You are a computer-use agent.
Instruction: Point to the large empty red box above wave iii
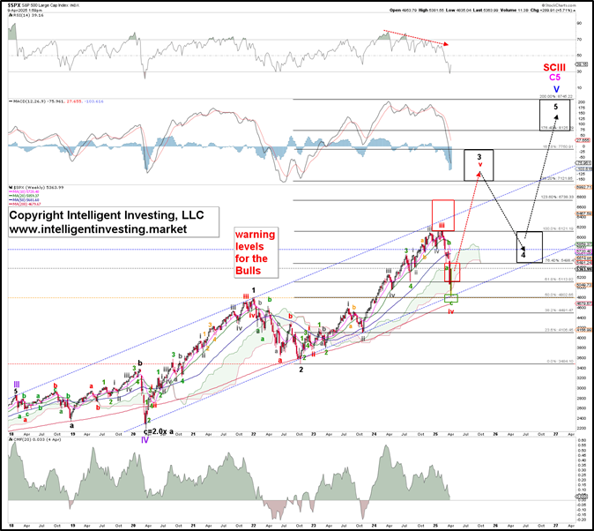[x=443, y=214]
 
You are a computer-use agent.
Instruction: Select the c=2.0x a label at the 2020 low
[x=159, y=431]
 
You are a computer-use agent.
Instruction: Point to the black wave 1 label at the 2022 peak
[x=253, y=290]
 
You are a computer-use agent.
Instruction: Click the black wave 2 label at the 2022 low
[x=301, y=370]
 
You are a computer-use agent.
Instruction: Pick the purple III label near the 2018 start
[x=16, y=385]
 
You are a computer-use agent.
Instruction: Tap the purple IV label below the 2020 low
[x=145, y=439]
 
